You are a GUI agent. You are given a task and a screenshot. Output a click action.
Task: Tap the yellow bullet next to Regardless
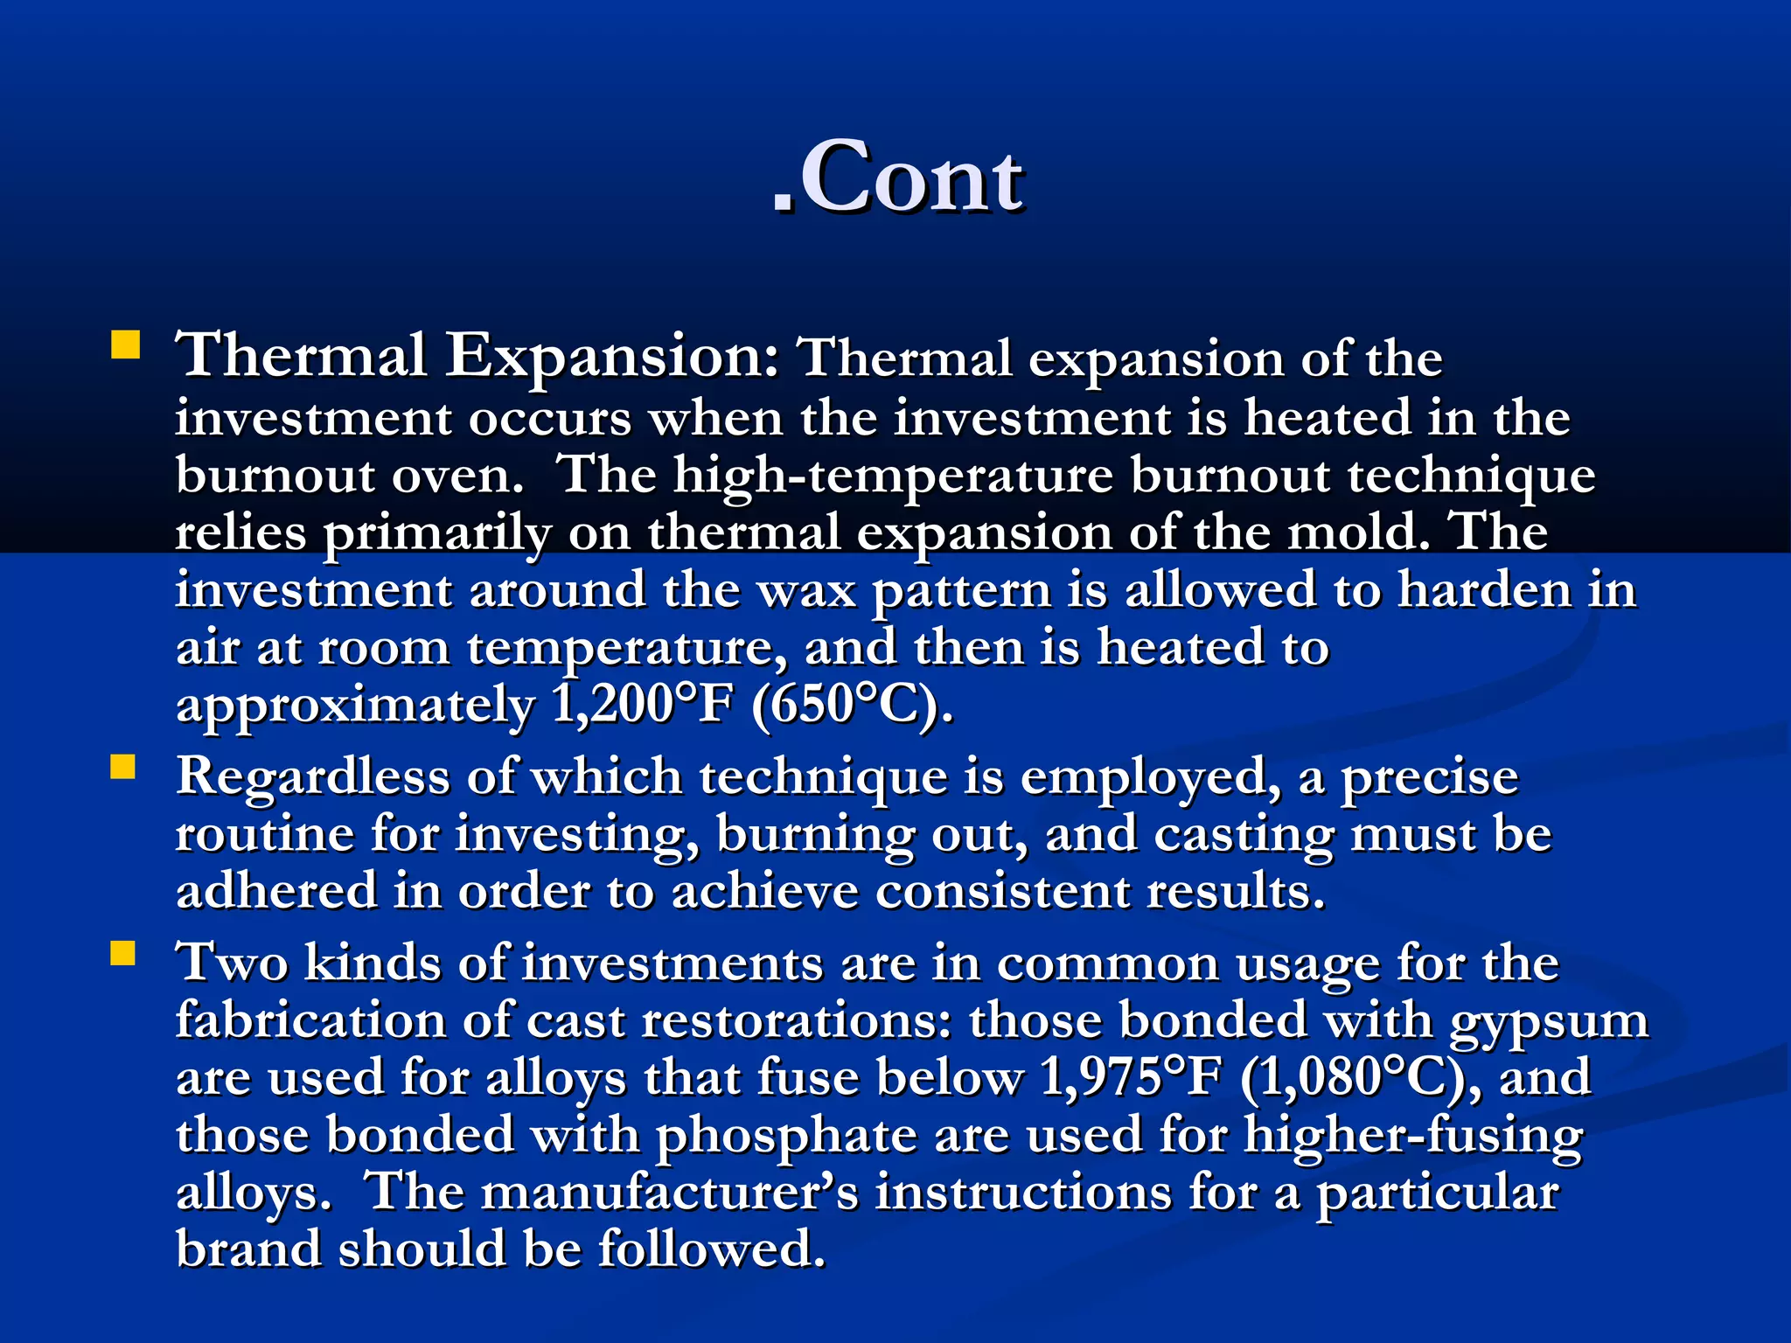pyautogui.click(x=123, y=767)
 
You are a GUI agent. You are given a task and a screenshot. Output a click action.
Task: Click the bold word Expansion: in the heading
pyautogui.click(x=612, y=357)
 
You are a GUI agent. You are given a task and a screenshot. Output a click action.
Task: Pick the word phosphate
pyautogui.click(x=787, y=1136)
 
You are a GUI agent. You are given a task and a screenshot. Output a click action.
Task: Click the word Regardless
pyautogui.click(x=313, y=777)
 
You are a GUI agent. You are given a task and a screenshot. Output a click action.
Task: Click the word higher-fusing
pyautogui.click(x=1413, y=1136)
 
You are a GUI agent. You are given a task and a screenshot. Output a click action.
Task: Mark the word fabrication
pyautogui.click(x=312, y=1021)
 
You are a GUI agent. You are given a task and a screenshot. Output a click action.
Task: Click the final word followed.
pyautogui.click(x=712, y=1249)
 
